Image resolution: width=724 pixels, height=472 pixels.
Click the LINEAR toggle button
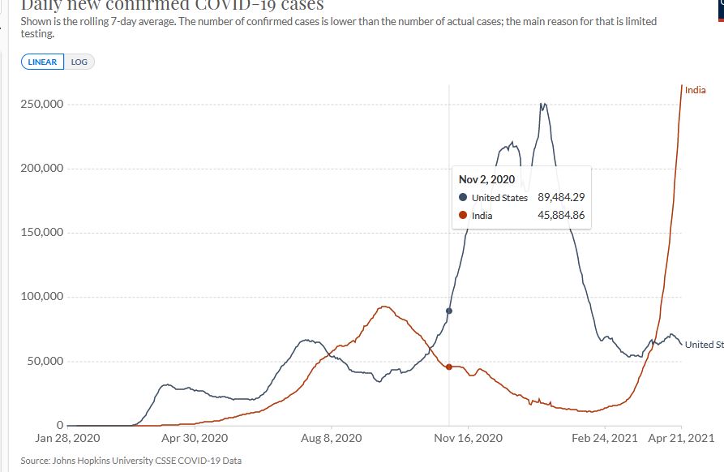43,62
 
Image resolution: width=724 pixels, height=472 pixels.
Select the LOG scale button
79,62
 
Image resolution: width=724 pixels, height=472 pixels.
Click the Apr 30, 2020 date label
195,438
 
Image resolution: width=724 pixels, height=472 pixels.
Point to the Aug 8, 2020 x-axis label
332,438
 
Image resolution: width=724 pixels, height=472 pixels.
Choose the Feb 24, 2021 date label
605,438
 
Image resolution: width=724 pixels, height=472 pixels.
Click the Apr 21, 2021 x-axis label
681,438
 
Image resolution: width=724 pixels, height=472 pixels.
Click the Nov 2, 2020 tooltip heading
486,179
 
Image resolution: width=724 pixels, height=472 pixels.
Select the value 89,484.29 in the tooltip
561,198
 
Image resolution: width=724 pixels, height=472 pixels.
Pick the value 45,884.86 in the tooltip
561,216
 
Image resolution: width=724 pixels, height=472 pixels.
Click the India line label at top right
695,90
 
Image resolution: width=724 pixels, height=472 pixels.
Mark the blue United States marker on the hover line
449,311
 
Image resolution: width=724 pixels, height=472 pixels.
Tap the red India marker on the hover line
449,367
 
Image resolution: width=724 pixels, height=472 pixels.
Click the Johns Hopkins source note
131,461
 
